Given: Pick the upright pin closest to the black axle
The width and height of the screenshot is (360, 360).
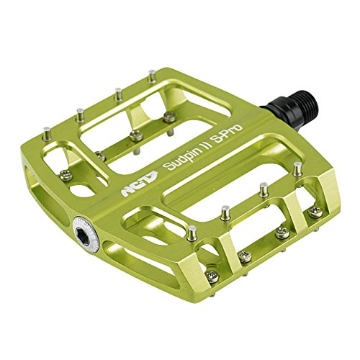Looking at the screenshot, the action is [151, 76].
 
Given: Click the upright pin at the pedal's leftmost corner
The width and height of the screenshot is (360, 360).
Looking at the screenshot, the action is [47, 134].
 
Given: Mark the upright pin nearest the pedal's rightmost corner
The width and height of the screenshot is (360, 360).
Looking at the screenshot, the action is [298, 167].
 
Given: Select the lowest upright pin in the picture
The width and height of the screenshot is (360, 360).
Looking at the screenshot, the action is [192, 233].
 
